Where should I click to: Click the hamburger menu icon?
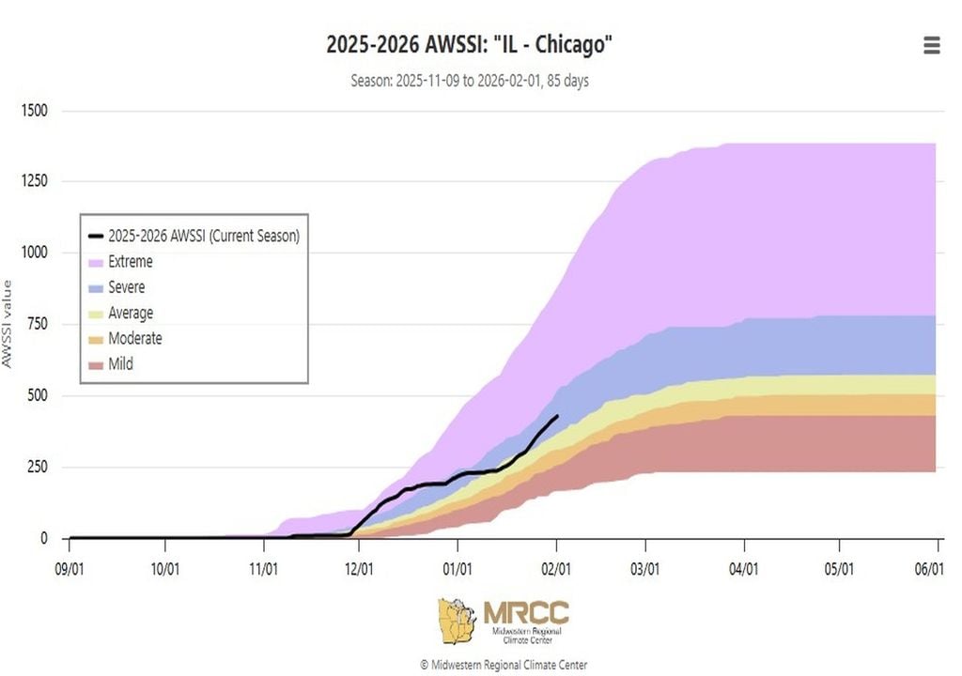point(931,45)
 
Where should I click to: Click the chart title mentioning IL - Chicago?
point(470,44)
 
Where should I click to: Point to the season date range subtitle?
point(470,81)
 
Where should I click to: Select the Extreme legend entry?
point(130,262)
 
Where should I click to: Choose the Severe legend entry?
point(126,287)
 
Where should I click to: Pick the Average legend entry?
point(130,313)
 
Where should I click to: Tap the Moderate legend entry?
point(134,338)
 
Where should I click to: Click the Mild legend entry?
point(120,363)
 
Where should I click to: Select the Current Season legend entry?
point(202,236)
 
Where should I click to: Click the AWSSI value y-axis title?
point(8,324)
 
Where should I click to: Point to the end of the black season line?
point(557,416)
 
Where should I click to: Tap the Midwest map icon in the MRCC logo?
point(458,622)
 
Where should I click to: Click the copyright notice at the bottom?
point(504,665)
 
